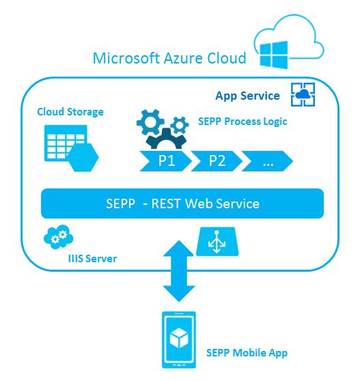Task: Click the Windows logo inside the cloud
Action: (x=274, y=55)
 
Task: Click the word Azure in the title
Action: (x=183, y=58)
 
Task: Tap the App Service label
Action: (x=247, y=96)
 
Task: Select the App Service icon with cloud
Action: (x=303, y=94)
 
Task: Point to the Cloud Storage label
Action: (x=70, y=112)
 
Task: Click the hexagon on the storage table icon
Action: (x=83, y=158)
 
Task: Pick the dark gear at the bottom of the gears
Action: (x=166, y=139)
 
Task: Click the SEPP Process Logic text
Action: (x=243, y=122)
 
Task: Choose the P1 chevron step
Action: (x=166, y=161)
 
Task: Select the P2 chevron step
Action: (x=217, y=161)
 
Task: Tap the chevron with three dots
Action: (x=267, y=161)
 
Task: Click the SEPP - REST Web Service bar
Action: (x=182, y=203)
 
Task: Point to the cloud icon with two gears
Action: (x=58, y=237)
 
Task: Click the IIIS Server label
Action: (x=92, y=259)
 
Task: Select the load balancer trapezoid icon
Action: (x=217, y=242)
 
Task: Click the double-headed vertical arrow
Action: (x=179, y=271)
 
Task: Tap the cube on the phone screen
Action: (x=179, y=338)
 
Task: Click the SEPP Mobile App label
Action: (x=247, y=353)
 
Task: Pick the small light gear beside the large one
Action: (x=180, y=125)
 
